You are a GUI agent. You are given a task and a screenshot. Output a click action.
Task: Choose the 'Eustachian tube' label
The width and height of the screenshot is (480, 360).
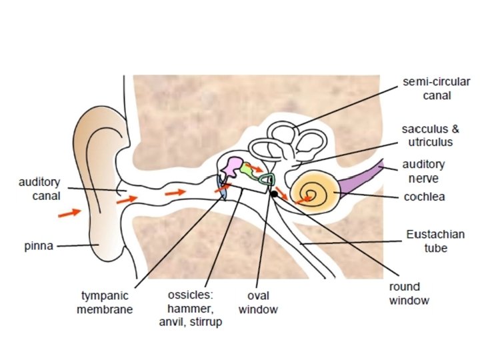436,241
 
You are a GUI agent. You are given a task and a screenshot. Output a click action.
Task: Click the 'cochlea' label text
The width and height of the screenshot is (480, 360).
424,197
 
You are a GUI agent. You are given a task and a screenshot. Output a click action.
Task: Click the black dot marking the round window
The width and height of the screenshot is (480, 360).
274,194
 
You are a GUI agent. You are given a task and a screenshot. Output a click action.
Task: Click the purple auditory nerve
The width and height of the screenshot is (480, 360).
364,179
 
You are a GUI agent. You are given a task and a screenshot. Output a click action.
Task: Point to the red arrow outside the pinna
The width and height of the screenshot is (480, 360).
68,213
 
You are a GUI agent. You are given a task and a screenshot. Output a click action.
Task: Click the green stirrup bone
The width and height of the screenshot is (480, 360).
268,179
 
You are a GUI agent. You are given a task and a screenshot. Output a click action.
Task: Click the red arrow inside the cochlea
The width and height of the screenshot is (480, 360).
305,198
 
